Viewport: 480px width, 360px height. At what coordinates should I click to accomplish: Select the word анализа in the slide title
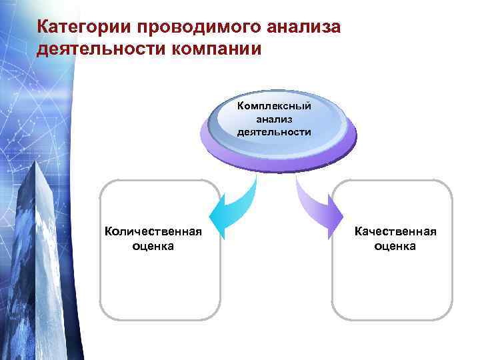point(303,27)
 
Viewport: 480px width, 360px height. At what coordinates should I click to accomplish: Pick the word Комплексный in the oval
point(274,106)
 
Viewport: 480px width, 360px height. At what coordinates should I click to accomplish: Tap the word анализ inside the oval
point(274,119)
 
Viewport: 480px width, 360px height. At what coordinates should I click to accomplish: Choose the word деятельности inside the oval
point(274,131)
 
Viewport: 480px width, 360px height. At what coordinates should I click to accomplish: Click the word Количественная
point(153,231)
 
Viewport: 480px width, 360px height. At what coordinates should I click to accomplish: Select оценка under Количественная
point(153,246)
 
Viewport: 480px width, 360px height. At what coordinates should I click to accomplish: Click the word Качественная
point(395,231)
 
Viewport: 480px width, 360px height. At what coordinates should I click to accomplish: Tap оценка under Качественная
point(395,246)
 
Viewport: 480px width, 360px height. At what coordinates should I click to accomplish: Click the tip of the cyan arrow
point(213,220)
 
